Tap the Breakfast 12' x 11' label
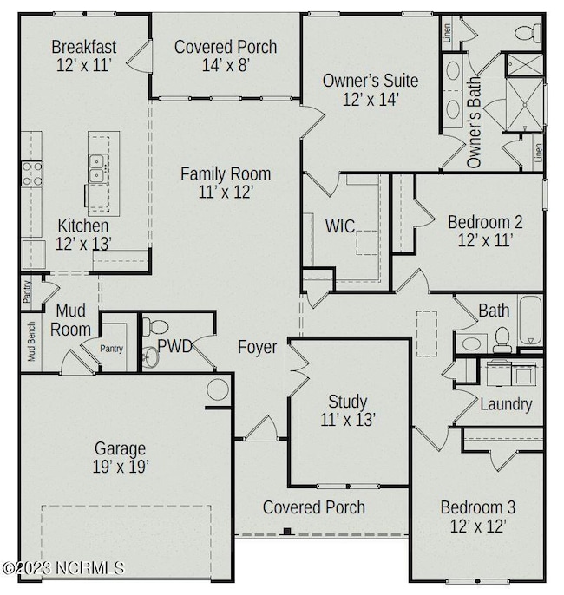[x=84, y=55]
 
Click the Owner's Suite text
[x=371, y=81]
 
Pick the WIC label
[x=339, y=226]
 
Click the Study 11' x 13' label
[x=347, y=410]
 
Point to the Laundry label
[x=506, y=404]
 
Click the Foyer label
[x=258, y=348]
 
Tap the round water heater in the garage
[x=218, y=389]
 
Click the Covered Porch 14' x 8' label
[x=226, y=55]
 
